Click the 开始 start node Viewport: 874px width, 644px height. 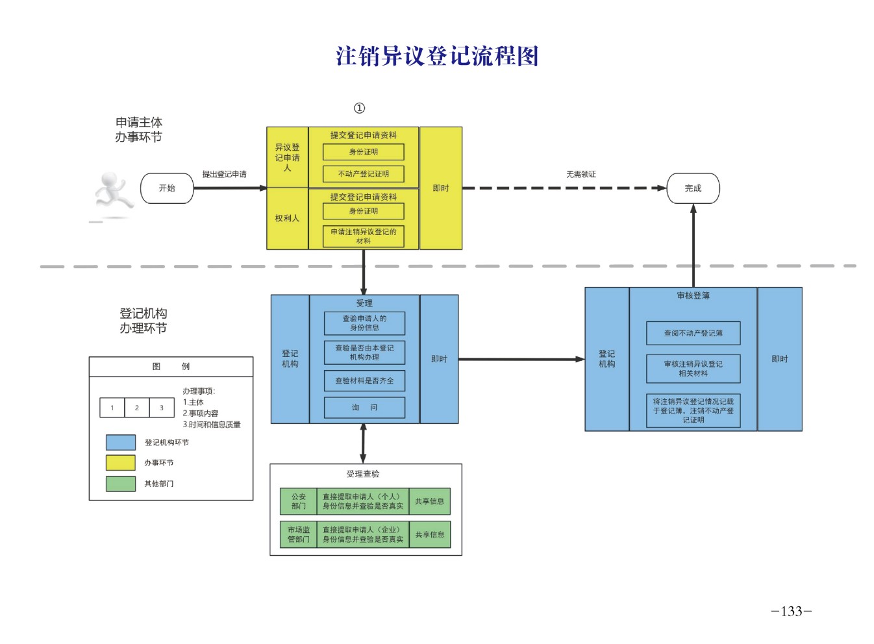(x=167, y=188)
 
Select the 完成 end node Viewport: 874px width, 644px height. (x=693, y=188)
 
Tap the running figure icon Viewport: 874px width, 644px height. (x=113, y=194)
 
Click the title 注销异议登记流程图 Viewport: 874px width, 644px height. (x=437, y=56)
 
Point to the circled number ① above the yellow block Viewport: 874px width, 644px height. (x=359, y=108)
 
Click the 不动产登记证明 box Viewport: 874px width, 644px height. (x=363, y=174)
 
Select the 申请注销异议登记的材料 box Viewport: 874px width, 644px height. (x=363, y=236)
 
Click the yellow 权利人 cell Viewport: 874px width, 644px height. (x=287, y=219)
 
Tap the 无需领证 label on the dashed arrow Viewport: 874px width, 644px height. (x=581, y=174)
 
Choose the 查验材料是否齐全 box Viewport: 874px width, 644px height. (x=364, y=381)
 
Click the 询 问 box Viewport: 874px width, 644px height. (x=364, y=408)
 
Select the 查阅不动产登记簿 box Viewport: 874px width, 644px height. (x=693, y=333)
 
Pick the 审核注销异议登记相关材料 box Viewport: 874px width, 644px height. (x=693, y=369)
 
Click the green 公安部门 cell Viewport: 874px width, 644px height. (x=298, y=501)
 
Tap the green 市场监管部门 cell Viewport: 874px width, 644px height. (x=298, y=534)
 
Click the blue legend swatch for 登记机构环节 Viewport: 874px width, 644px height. (x=121, y=443)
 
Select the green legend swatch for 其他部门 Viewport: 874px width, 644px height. (x=121, y=484)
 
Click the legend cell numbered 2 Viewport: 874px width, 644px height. (x=136, y=408)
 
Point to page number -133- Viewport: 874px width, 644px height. (x=791, y=612)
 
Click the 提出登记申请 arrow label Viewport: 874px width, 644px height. (x=224, y=174)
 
